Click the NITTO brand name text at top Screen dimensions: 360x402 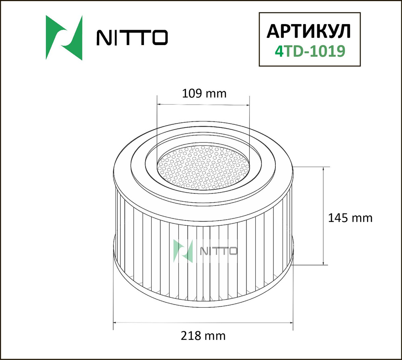tap(131, 38)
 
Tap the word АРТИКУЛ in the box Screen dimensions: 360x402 tap(308, 31)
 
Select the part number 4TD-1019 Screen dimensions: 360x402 tap(308, 51)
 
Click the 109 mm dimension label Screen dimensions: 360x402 tap(204, 94)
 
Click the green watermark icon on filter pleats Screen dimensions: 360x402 tap(183, 250)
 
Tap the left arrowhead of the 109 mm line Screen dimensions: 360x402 tap(158, 104)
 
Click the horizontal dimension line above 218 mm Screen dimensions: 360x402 tap(203, 323)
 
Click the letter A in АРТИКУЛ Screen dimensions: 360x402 tap(273, 31)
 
